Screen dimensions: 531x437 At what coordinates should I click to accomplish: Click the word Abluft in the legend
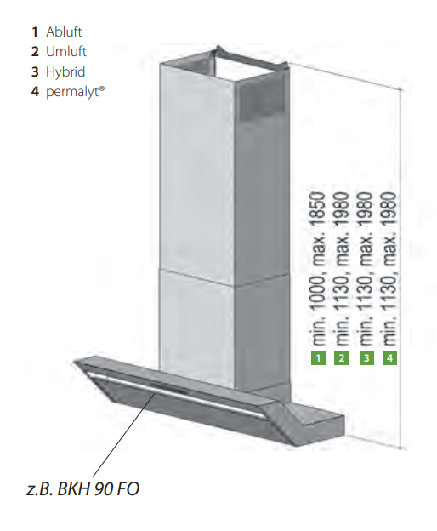point(64,31)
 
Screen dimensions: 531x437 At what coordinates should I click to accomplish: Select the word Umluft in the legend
point(65,51)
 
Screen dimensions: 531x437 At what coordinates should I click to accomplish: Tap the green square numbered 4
point(389,358)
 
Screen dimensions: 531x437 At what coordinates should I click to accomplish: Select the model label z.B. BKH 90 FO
point(82,488)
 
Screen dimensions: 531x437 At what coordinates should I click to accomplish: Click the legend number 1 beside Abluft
point(35,31)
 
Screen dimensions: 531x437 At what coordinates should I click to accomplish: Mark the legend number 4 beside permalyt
point(35,91)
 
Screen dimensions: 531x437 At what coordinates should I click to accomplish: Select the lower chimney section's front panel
point(195,323)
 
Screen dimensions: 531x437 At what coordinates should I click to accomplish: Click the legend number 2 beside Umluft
point(35,51)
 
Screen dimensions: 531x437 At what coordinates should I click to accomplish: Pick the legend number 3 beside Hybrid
point(35,71)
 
